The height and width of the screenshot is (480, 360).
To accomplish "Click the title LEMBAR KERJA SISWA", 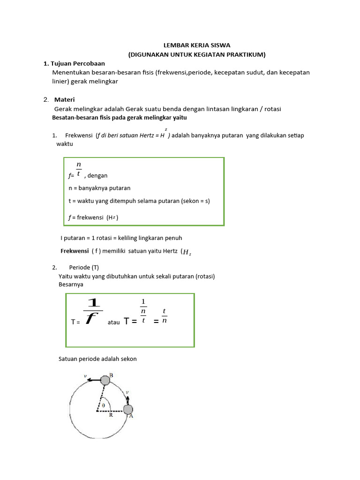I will click(x=196, y=45).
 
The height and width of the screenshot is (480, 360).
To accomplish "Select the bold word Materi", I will click(x=65, y=99).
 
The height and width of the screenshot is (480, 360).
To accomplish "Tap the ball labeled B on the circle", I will click(x=105, y=380).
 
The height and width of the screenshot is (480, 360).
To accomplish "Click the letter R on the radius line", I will click(x=111, y=415).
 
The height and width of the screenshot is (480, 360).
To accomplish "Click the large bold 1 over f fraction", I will click(x=93, y=311).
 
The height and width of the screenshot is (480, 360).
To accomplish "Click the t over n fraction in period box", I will click(x=165, y=316).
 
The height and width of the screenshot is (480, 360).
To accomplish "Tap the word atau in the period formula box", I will click(x=114, y=322).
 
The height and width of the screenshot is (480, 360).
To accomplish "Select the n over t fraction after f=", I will click(x=79, y=169).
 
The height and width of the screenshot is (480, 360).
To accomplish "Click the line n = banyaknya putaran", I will click(x=99, y=188).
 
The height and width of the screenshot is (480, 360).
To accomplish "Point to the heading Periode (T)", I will click(x=87, y=268).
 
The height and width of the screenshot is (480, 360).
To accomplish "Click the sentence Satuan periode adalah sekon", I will click(x=97, y=359).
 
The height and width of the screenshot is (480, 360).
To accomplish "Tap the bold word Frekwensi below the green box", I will click(x=75, y=251).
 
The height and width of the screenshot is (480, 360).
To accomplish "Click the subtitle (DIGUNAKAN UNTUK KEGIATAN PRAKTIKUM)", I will click(x=197, y=54).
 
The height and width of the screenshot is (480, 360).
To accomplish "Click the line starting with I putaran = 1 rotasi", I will click(x=121, y=238).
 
